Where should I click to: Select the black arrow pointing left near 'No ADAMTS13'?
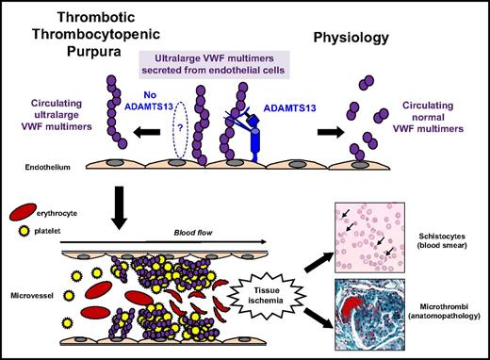[122, 134]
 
